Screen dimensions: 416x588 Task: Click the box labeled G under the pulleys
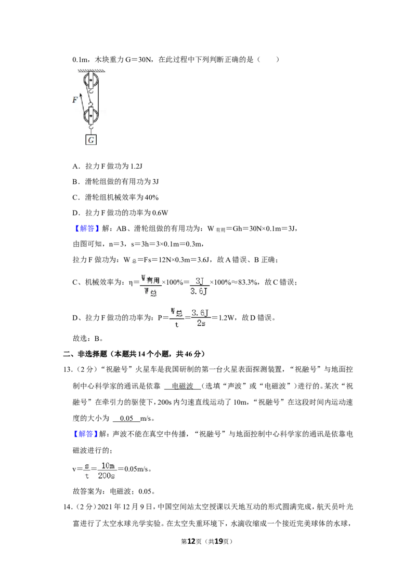91,140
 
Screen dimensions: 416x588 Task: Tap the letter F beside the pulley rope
75,100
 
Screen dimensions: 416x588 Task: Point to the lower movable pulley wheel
91,116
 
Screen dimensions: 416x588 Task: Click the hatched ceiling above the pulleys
91,71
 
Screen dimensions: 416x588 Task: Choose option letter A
76,166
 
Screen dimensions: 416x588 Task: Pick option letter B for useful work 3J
75,182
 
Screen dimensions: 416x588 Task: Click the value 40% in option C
152,197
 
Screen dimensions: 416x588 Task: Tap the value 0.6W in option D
160,213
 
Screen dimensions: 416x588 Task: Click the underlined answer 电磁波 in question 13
183,386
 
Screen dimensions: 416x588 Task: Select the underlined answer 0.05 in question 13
126,419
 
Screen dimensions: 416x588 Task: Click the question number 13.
67,370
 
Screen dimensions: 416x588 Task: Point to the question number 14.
67,507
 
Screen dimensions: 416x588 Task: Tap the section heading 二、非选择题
85,354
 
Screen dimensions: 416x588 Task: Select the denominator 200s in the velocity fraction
106,476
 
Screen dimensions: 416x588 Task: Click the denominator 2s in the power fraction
201,323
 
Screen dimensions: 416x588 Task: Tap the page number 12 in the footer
191,541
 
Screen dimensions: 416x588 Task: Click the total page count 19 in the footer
218,541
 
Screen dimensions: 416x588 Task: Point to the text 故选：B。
88,339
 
